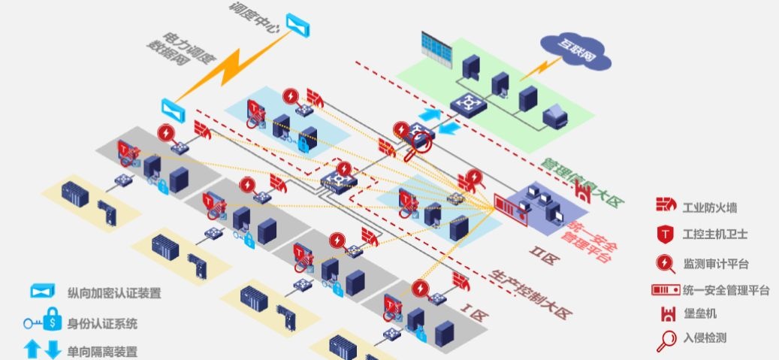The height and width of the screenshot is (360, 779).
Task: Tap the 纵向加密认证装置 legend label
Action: pos(114,292)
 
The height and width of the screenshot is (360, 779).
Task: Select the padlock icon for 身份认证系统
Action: pos(52,322)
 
